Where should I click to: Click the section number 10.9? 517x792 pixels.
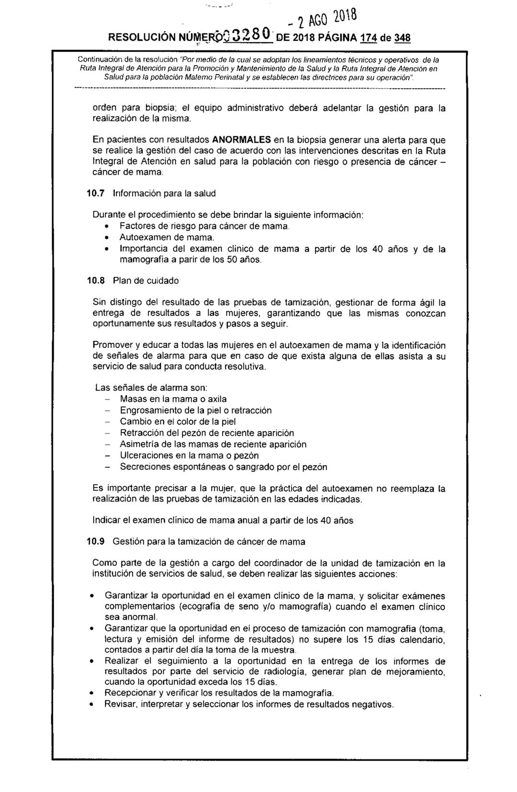click(94, 542)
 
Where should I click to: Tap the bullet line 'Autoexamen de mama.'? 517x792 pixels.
click(167, 237)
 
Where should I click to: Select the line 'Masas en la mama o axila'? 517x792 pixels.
click(173, 399)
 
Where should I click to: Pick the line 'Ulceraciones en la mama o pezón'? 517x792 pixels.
click(189, 455)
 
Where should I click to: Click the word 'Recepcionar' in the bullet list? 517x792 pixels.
click(128, 692)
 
